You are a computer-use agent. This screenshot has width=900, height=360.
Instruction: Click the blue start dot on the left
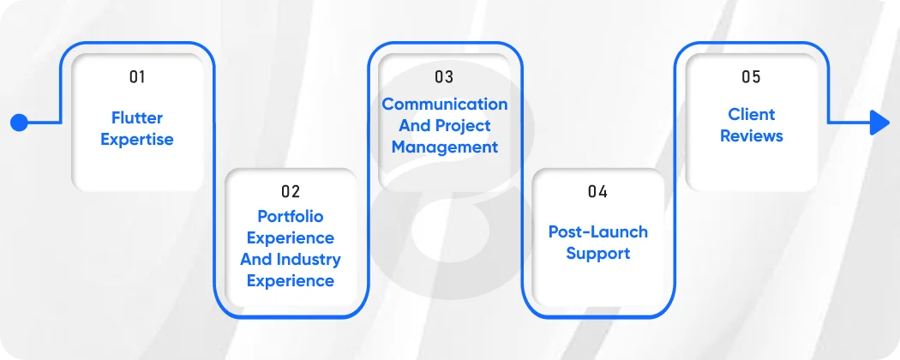[19, 123]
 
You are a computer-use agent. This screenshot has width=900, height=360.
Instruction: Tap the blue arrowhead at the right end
[879, 123]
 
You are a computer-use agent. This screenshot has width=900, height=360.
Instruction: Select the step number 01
[137, 77]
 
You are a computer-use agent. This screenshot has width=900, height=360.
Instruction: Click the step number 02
[291, 191]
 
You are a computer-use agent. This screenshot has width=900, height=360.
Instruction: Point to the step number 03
[444, 77]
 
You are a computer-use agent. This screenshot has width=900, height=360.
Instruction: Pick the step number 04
[597, 191]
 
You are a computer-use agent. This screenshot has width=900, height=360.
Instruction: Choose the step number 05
[751, 77]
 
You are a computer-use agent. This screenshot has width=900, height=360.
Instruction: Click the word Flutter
[137, 118]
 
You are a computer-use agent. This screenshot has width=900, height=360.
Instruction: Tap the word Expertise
[137, 140]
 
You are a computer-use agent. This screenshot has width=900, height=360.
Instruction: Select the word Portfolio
[291, 217]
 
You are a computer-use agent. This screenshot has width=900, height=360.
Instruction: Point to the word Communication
[444, 105]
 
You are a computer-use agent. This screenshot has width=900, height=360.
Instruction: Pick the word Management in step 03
[444, 147]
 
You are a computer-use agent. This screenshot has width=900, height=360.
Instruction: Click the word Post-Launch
[597, 231]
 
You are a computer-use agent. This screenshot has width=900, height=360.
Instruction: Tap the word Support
[597, 254]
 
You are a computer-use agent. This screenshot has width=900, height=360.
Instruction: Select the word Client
[751, 115]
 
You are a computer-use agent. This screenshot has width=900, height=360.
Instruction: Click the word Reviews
[751, 136]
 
